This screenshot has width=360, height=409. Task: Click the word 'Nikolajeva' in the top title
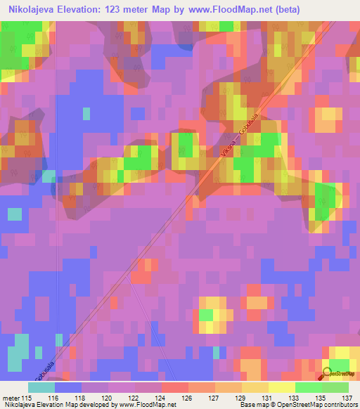point(29,11)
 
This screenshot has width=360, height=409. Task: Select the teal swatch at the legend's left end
point(41,387)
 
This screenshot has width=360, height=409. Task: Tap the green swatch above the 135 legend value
point(321,387)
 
